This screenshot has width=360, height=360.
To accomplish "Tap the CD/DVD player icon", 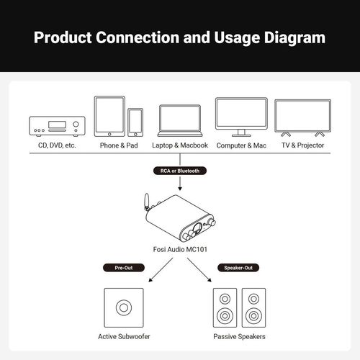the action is pos(57,126).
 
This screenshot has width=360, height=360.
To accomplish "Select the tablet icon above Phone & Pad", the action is pos(109,117).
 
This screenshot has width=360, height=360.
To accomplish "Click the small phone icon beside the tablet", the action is pos(135,122).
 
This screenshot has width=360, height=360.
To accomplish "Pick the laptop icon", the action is pos(180,121).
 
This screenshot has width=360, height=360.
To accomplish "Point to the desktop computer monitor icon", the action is pos(241,117).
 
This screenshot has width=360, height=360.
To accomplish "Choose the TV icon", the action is pos(303,118).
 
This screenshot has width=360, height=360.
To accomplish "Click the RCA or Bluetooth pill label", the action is pos(180,171).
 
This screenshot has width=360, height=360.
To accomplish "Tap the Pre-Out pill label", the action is pos(124,268).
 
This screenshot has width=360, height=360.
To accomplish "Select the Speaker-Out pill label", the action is pos(238,268).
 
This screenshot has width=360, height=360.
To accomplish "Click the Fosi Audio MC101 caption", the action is pos(180,249).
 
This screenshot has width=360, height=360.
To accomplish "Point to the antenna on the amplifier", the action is pos(147,202).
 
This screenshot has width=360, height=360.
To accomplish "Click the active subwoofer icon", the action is pos(124,307).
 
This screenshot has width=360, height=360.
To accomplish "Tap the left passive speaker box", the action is pos(225,307).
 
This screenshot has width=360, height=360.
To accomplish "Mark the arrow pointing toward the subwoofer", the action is pos(161,270).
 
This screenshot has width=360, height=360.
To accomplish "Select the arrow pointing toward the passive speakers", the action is pos(199,270).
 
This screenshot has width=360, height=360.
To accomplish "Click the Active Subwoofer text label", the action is pos(124,336).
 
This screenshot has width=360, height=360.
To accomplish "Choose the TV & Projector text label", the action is pos(303,145).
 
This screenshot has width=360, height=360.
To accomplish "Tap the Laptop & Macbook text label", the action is pos(180,145).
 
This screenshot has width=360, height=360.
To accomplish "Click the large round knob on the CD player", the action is pos(76,124).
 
